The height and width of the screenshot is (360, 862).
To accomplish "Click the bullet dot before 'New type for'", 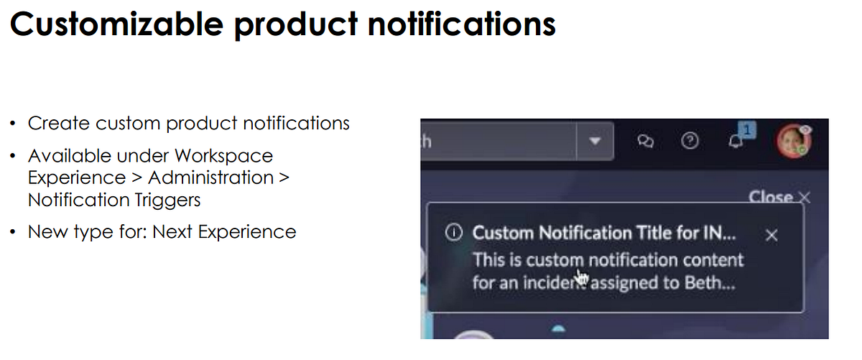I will [x=14, y=233].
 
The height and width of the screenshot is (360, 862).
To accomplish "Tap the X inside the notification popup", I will [x=771, y=235].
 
